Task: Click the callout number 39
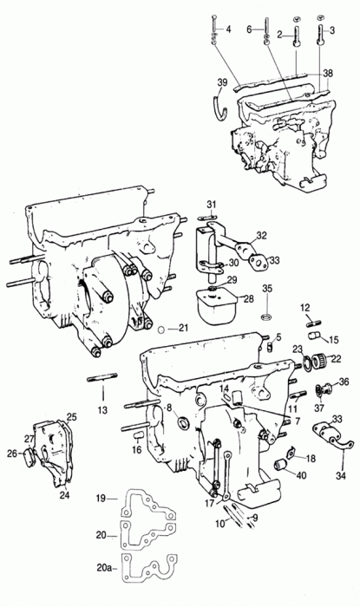[x=222, y=82]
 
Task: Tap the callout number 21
[x=183, y=328]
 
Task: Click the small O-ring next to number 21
[x=162, y=330]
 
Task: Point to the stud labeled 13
[x=102, y=379]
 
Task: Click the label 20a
[x=104, y=568]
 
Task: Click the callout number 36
[x=344, y=382]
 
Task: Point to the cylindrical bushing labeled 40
[x=282, y=464]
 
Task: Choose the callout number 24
[x=65, y=495]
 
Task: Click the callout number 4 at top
[x=228, y=29]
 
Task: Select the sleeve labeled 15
[x=315, y=336]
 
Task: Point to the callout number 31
[x=212, y=204]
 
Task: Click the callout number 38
[x=328, y=73]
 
